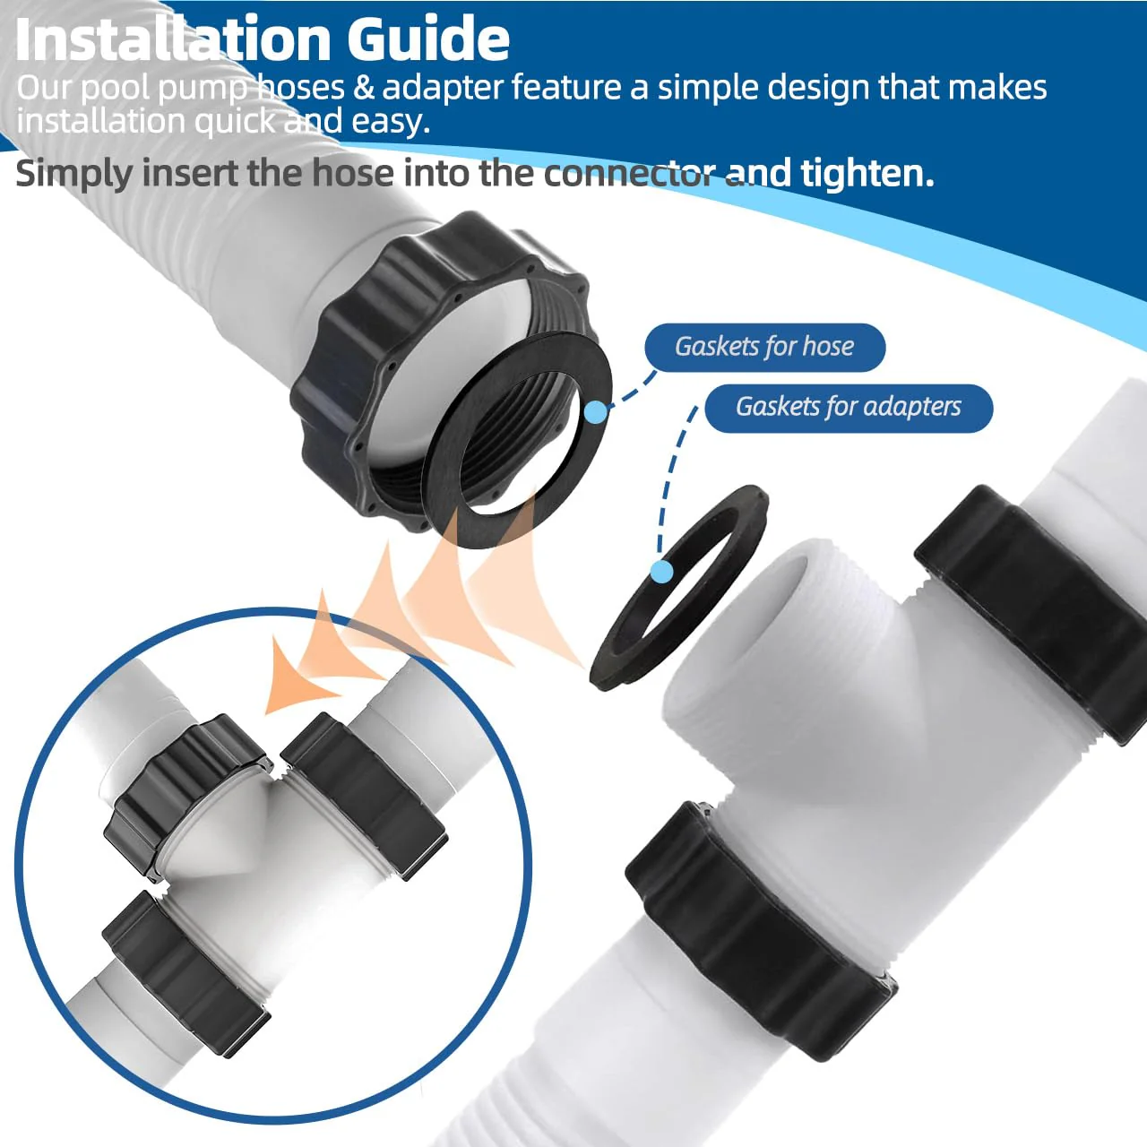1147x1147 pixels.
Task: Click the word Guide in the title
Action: [428, 39]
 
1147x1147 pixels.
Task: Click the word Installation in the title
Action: [173, 39]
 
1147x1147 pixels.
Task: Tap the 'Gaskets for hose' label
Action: [765, 347]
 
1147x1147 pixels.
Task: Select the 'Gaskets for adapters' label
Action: [849, 408]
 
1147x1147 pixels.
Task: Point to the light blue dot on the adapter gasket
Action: [662, 572]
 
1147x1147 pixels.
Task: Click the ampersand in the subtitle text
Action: [363, 88]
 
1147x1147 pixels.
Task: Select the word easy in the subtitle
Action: [391, 122]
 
